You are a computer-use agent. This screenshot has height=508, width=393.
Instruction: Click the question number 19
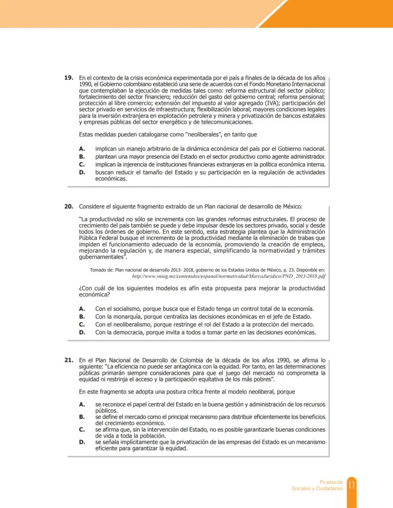(69, 77)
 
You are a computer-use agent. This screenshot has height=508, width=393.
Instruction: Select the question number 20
(69, 206)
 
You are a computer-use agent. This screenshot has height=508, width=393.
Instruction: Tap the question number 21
(69, 360)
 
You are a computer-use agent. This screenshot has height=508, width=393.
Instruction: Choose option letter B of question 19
(82, 157)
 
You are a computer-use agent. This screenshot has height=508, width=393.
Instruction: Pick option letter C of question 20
(82, 324)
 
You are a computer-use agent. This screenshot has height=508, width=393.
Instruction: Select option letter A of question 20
(82, 308)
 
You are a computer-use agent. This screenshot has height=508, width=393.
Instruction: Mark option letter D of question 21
(82, 442)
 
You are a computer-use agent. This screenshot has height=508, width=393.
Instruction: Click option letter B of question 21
(82, 417)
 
